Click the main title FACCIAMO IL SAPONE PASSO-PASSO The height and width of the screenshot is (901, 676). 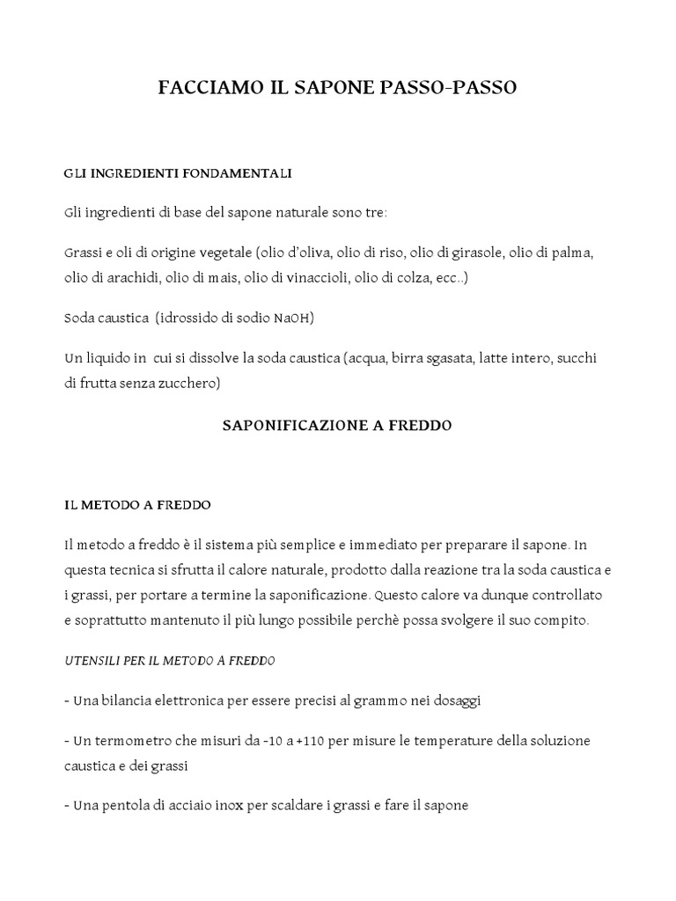pos(337,88)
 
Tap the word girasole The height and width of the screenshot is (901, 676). pos(475,253)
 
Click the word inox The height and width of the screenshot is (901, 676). pos(263,804)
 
